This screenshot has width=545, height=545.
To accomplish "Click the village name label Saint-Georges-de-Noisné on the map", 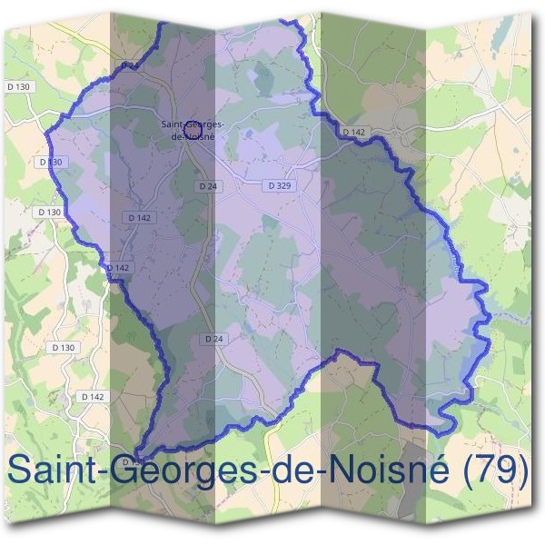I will pyautogui.click(x=193, y=130).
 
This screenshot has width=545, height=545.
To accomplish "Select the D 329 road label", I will pyautogui.click(x=280, y=185).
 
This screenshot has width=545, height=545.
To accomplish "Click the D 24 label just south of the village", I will pyautogui.click(x=207, y=185).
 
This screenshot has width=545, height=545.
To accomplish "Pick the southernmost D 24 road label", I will pyautogui.click(x=213, y=339).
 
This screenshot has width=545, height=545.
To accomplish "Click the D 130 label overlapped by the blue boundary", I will pyautogui.click(x=53, y=162).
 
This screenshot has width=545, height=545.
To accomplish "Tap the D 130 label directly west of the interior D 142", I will pyautogui.click(x=49, y=212).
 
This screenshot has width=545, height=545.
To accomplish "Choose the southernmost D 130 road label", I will pyautogui.click(x=64, y=347).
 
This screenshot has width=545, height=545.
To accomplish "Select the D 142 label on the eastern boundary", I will pyautogui.click(x=353, y=133).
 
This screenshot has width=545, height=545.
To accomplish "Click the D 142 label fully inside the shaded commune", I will pyautogui.click(x=139, y=218).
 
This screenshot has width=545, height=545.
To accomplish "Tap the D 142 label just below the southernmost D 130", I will pyautogui.click(x=93, y=397).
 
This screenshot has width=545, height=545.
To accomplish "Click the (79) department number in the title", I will pyautogui.click(x=496, y=471).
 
